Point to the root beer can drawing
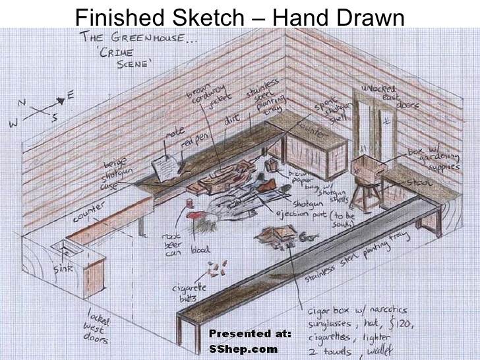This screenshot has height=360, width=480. tap(193, 214)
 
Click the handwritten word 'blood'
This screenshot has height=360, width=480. tap(200, 251)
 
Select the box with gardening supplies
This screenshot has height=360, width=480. tap(368, 167)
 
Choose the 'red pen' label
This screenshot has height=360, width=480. tap(193, 142)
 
